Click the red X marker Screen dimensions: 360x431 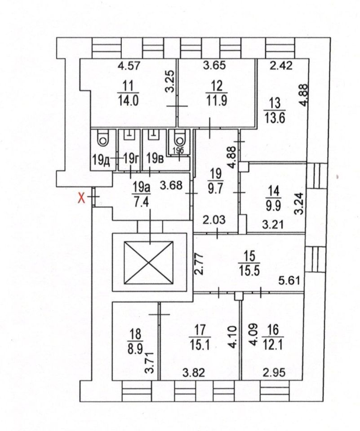82,198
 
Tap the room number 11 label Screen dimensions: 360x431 127,85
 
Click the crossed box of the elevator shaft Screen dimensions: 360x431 148,263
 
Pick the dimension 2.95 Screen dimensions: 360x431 273,372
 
